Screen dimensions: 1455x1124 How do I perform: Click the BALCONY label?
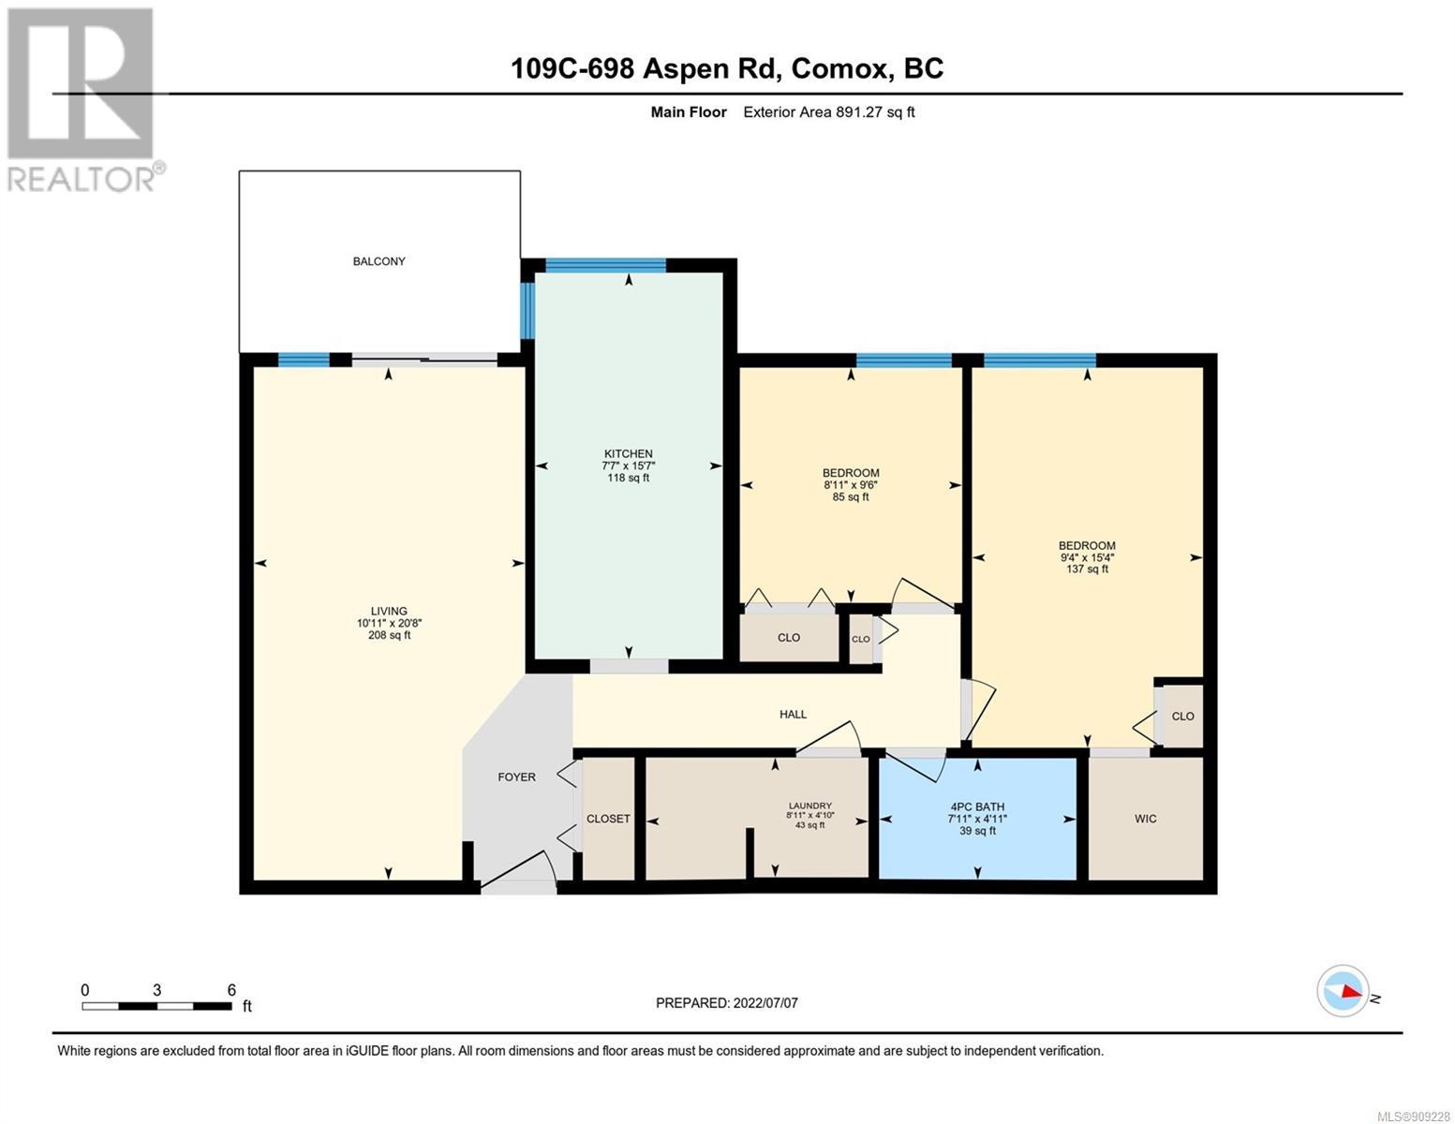point(379,261)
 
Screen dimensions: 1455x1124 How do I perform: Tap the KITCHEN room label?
point(628,453)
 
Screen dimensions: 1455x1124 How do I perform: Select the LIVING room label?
point(389,611)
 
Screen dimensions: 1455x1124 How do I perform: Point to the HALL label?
point(793,715)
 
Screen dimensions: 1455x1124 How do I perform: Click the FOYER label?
point(516,776)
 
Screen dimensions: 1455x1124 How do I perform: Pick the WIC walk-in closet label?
point(1146,818)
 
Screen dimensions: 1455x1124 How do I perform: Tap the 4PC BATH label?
point(977,806)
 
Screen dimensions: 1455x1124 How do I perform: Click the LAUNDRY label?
point(810,806)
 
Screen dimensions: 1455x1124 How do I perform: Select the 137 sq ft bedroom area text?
point(1088,569)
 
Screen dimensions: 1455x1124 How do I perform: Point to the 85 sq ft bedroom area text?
point(851,496)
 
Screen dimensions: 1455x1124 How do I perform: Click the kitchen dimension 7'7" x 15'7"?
point(628,466)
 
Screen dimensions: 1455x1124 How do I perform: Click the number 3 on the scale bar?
point(156,990)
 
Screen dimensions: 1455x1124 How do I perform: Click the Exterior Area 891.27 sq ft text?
point(829,111)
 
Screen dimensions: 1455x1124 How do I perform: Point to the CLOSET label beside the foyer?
point(608,818)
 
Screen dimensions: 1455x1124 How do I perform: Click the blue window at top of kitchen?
point(605,265)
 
